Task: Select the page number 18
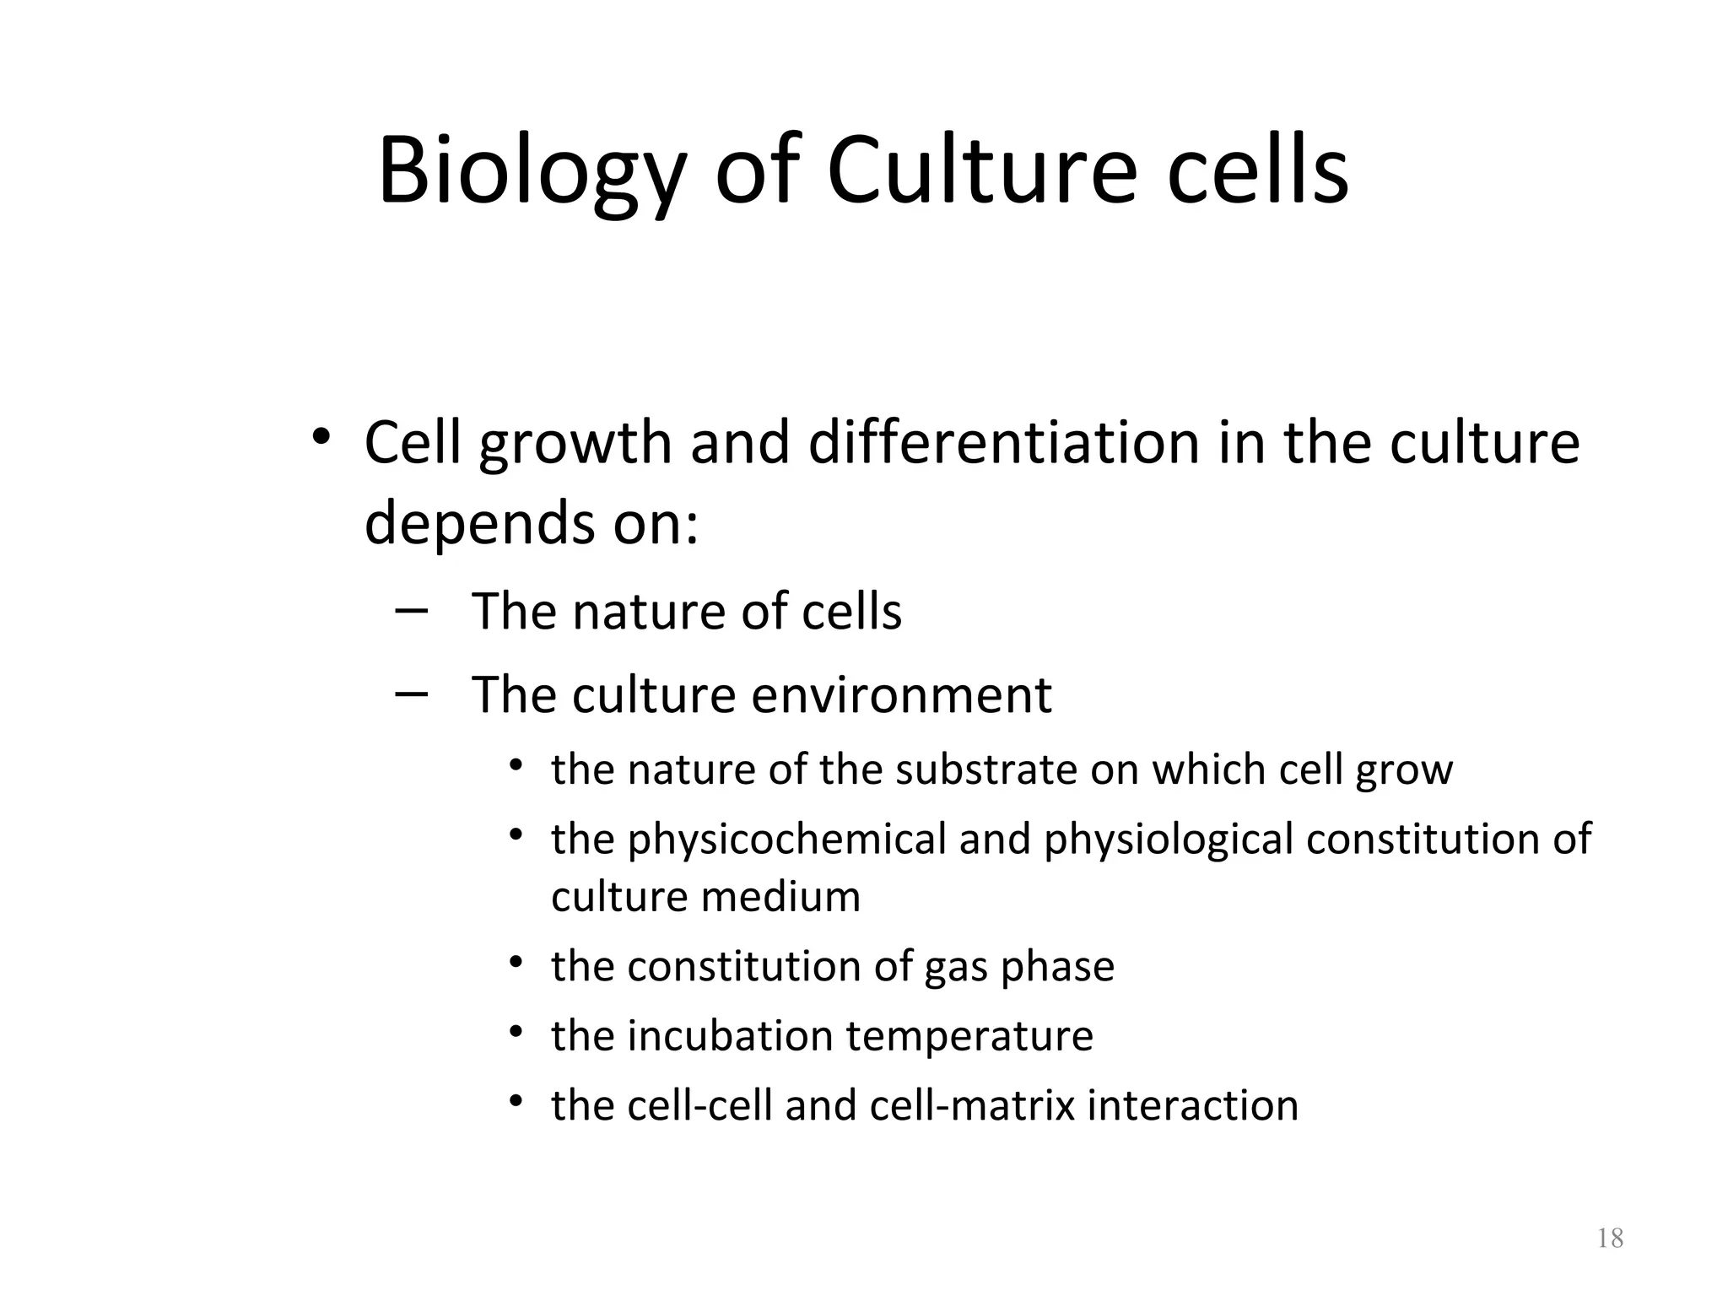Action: (1610, 1239)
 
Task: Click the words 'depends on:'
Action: (532, 523)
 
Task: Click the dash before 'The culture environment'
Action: (410, 693)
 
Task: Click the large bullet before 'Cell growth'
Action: (320, 437)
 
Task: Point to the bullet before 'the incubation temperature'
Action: (516, 1032)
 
